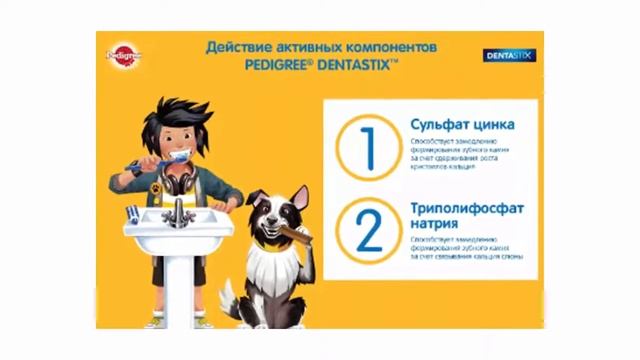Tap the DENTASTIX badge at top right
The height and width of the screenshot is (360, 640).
click(511, 56)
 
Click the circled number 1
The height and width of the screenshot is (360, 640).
click(367, 147)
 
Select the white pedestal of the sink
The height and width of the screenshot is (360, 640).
click(178, 285)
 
